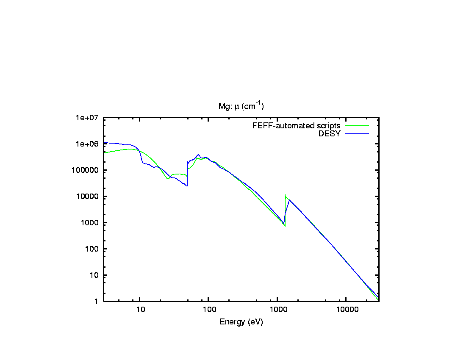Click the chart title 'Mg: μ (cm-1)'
point(241,106)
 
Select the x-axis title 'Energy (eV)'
point(241,322)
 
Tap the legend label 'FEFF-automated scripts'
point(296,126)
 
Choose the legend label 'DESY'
point(330,134)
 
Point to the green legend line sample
point(357,126)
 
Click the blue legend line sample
point(357,134)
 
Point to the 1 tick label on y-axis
point(95,302)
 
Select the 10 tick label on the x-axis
point(140,310)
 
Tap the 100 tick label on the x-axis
point(209,310)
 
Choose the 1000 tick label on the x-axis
point(277,310)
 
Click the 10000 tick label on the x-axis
point(346,310)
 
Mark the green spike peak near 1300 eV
point(286,195)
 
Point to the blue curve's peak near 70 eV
point(198,155)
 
